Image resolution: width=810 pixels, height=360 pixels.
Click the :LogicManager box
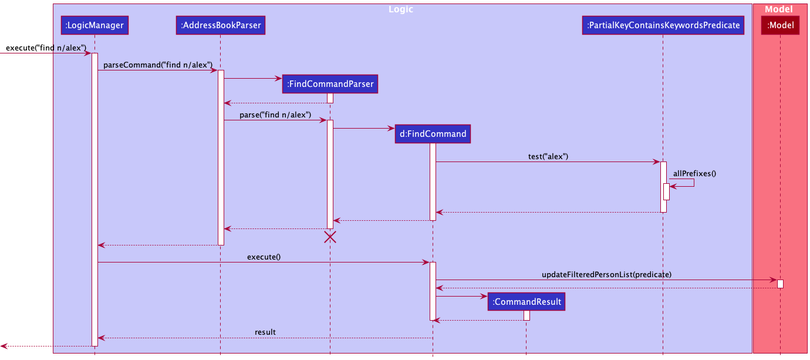tap(94, 25)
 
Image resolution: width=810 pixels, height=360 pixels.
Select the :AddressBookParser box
tap(220, 25)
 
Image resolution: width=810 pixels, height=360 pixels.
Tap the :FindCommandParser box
tap(330, 84)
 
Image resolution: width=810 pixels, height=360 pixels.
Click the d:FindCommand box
tap(433, 134)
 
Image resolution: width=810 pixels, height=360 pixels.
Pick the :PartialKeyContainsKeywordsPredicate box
tap(663, 25)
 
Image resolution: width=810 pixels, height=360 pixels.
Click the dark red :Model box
tap(780, 25)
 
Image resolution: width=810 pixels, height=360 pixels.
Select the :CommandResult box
tap(526, 302)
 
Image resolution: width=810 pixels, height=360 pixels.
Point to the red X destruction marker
tap(330, 237)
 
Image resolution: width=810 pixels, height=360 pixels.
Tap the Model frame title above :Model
tap(779, 9)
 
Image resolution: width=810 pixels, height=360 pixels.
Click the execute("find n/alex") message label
tap(46, 47)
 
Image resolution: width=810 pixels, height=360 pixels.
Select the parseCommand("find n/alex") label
tap(158, 65)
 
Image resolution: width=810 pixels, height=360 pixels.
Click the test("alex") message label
tap(548, 156)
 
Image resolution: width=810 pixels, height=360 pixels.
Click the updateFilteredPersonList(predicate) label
tap(606, 274)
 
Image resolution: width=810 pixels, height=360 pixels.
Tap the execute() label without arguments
tap(264, 257)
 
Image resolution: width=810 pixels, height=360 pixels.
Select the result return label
tap(265, 332)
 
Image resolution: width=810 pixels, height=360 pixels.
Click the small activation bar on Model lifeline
tap(780, 284)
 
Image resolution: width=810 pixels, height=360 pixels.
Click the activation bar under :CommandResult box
tap(526, 315)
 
